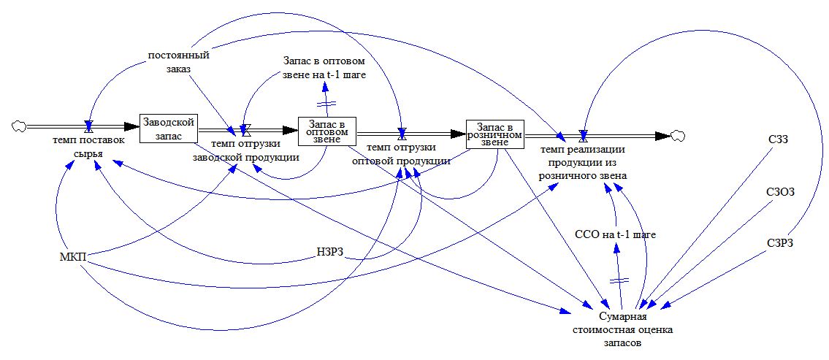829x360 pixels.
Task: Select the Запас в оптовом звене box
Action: click(327, 131)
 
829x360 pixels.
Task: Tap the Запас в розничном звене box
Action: click(495, 133)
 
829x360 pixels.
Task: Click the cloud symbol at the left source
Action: click(19, 126)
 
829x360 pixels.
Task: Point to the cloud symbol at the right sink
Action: click(679, 135)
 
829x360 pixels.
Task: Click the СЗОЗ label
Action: click(780, 191)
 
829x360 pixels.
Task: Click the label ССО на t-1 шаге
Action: click(616, 235)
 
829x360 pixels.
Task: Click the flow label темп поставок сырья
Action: click(88, 148)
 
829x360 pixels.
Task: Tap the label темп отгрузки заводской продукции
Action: click(245, 150)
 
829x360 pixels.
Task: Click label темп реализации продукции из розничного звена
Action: click(582, 162)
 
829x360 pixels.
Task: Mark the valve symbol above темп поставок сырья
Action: click(88, 125)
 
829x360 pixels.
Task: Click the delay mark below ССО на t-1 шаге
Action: click(620, 280)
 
